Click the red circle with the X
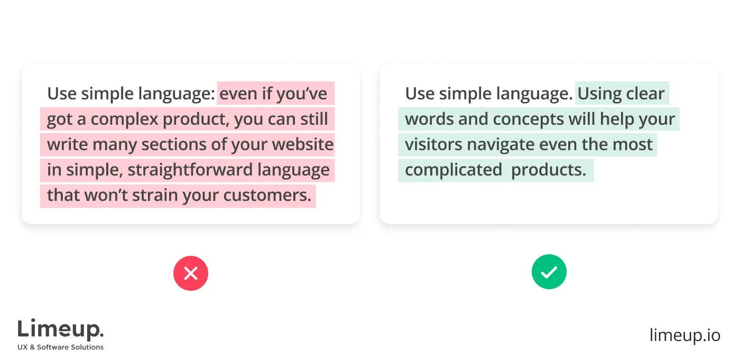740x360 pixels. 191,273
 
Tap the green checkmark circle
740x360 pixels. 549,272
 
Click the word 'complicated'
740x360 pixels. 453,170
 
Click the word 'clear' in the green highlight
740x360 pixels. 645,94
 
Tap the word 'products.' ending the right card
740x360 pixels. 549,170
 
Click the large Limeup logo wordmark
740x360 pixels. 60,330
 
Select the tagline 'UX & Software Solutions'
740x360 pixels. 61,347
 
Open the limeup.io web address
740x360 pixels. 684,335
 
